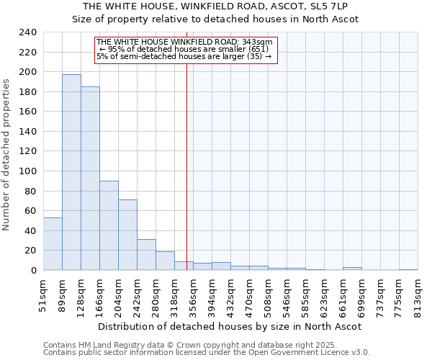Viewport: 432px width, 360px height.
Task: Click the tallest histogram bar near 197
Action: [71, 173]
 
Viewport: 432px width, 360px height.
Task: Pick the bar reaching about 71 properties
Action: [127, 235]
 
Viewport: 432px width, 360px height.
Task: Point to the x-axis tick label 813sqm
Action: [418, 294]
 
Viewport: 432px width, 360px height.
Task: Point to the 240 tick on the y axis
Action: [28, 32]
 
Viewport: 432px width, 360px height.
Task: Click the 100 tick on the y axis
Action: [28, 171]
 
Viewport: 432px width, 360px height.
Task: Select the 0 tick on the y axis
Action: [33, 270]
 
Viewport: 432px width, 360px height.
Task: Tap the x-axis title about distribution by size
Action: [230, 326]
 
